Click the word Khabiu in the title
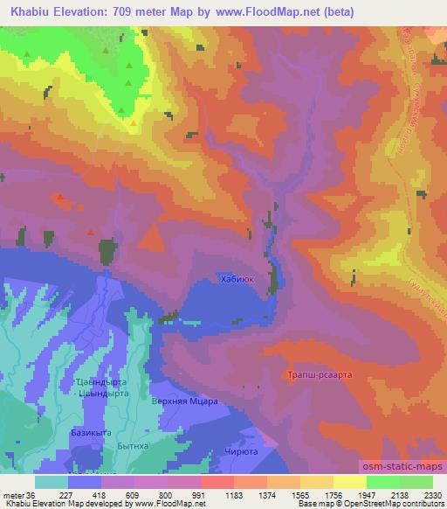(x=27, y=10)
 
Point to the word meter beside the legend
(x=17, y=494)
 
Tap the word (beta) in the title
(x=380, y=10)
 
